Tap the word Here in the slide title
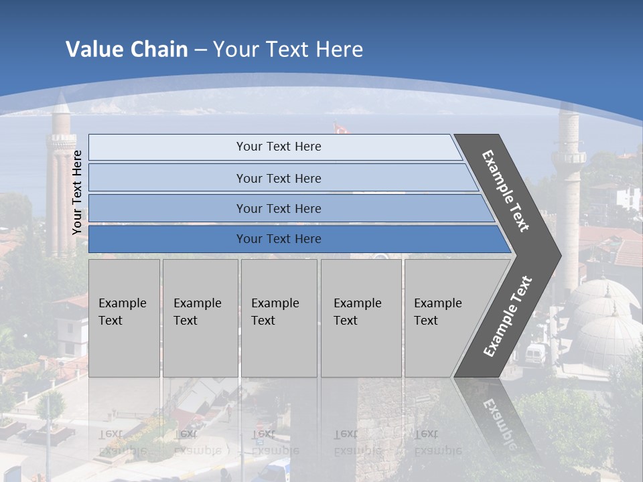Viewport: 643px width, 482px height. (339, 50)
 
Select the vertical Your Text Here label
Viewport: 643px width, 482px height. (77, 192)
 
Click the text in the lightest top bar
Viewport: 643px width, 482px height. (279, 147)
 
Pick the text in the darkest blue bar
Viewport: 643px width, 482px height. (279, 239)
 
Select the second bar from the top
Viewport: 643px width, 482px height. (279, 178)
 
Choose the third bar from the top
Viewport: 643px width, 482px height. (279, 208)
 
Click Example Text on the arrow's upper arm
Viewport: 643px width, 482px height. (506, 191)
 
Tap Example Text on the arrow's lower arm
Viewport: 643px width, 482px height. (507, 317)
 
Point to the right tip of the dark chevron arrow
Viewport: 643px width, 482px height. (559, 255)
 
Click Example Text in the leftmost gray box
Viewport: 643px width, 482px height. (123, 312)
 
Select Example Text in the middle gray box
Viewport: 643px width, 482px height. (275, 312)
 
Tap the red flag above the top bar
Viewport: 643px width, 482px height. (340, 127)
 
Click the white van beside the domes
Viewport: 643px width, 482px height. (537, 354)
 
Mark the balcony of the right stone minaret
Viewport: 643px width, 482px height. (569, 158)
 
